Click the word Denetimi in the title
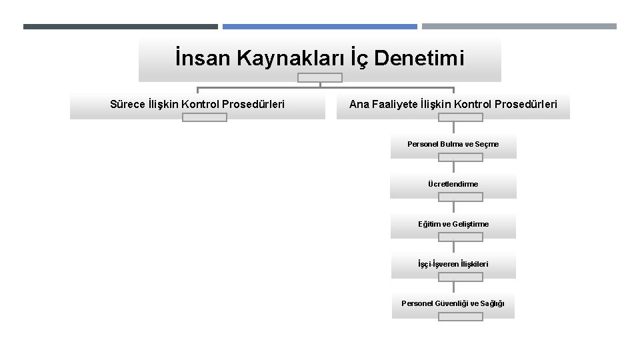[x=419, y=58]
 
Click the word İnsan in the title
[x=197, y=58]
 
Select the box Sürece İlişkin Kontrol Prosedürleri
[x=197, y=104]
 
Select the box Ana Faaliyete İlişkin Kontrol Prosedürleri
[x=453, y=104]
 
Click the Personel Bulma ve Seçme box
[x=453, y=144]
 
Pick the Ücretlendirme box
[x=453, y=184]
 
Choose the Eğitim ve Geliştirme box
[x=453, y=224]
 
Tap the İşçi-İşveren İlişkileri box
[x=453, y=264]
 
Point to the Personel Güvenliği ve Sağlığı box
[x=453, y=303]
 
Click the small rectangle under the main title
[x=320, y=77]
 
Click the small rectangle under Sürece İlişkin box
[x=205, y=117]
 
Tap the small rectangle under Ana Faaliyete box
[x=460, y=117]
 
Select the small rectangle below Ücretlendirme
[x=460, y=197]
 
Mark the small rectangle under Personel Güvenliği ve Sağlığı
[x=460, y=317]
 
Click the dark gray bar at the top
[x=120, y=27]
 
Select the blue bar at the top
[x=320, y=27]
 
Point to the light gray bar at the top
[x=519, y=27]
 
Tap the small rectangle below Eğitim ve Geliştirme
[x=460, y=237]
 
